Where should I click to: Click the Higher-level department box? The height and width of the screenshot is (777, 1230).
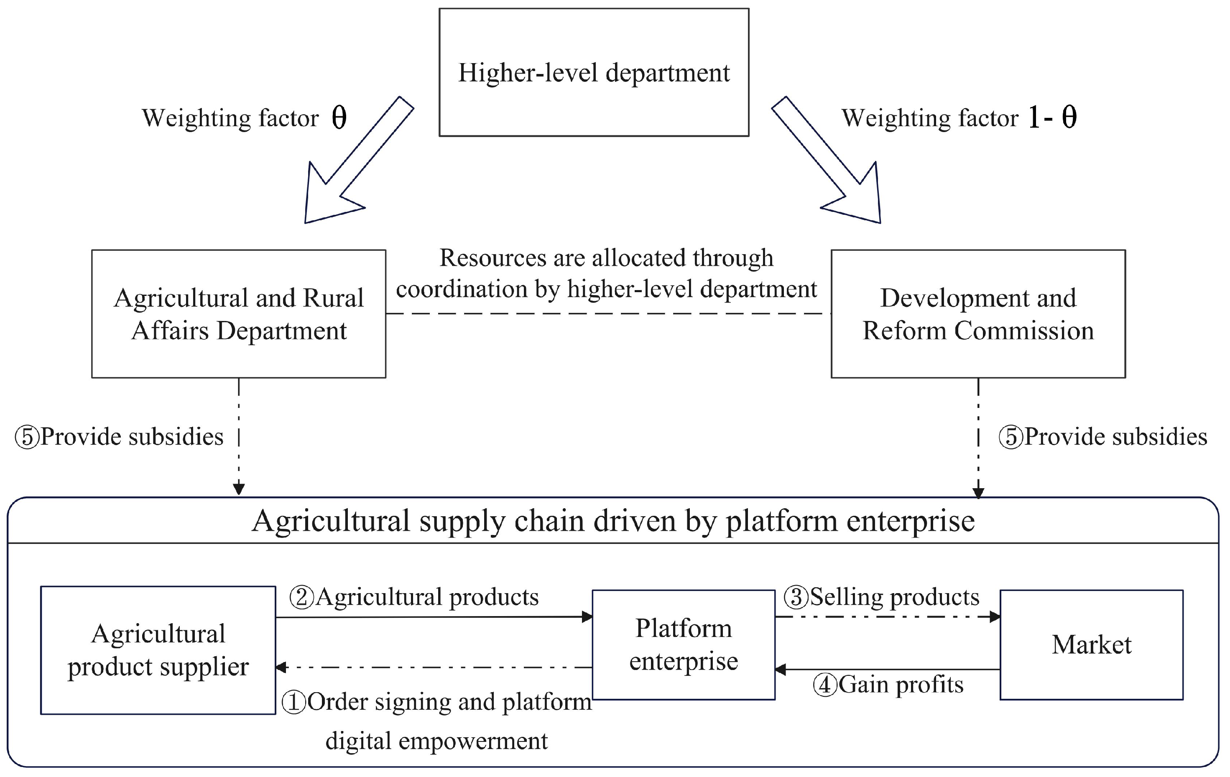tap(594, 72)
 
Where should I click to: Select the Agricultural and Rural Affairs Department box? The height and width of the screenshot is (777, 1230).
tap(239, 313)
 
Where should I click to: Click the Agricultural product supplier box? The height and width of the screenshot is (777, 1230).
tap(158, 650)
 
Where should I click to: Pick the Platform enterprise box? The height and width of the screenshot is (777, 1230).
tap(684, 645)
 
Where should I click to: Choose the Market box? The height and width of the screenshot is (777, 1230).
tap(1091, 645)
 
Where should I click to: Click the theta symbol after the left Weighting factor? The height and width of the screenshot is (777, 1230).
tap(339, 117)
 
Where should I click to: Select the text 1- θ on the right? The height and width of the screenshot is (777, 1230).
tap(1052, 117)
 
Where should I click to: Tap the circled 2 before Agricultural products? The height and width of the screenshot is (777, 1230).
tap(301, 597)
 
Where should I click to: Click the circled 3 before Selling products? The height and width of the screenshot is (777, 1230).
tap(796, 597)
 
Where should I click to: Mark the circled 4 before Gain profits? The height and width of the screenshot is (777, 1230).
tap(824, 685)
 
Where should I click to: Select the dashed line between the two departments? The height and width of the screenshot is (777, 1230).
tap(608, 313)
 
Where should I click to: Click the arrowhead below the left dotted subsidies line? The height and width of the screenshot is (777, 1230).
tap(239, 489)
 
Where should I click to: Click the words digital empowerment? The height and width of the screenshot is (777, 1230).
tap(437, 741)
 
